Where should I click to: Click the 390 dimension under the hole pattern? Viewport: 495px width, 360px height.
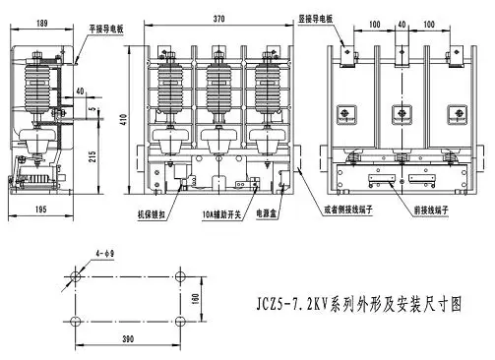point(129,339)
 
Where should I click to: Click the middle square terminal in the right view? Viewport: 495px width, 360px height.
point(402,113)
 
